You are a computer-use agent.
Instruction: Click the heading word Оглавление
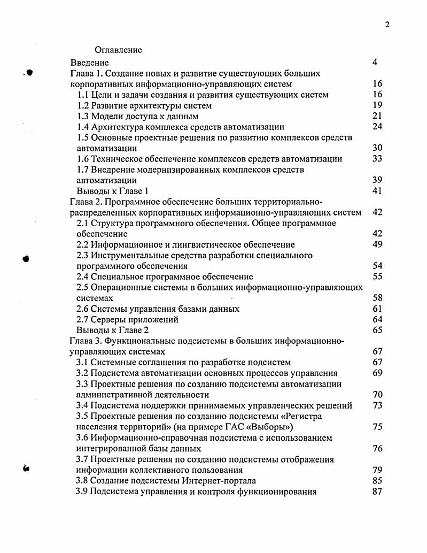click(x=118, y=50)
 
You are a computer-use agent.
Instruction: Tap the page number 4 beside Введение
click(x=375, y=63)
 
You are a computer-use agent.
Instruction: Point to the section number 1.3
click(x=83, y=116)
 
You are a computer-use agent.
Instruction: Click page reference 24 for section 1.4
click(x=377, y=127)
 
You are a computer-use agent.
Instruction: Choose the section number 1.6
click(x=83, y=159)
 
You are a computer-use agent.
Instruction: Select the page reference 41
click(x=377, y=191)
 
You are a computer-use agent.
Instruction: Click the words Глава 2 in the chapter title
click(x=86, y=202)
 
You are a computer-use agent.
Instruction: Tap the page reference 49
click(x=377, y=244)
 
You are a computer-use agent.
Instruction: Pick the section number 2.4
click(x=83, y=276)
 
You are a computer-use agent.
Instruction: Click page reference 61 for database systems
click(x=377, y=309)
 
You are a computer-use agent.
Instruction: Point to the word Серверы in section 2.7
click(x=108, y=319)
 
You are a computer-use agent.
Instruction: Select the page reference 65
click(x=377, y=330)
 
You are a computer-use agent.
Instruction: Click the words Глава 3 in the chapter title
click(x=86, y=341)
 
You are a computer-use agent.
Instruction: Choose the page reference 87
click(x=377, y=491)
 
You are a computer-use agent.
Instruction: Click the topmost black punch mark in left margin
click(x=30, y=73)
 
